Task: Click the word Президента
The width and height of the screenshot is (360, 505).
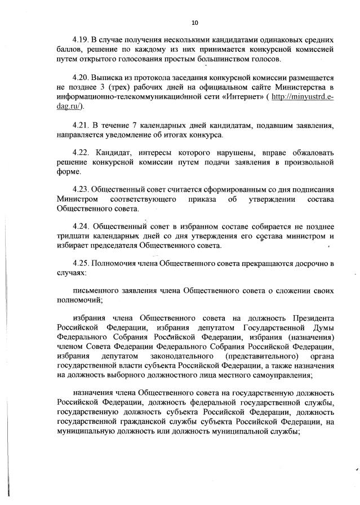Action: tap(313, 317)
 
